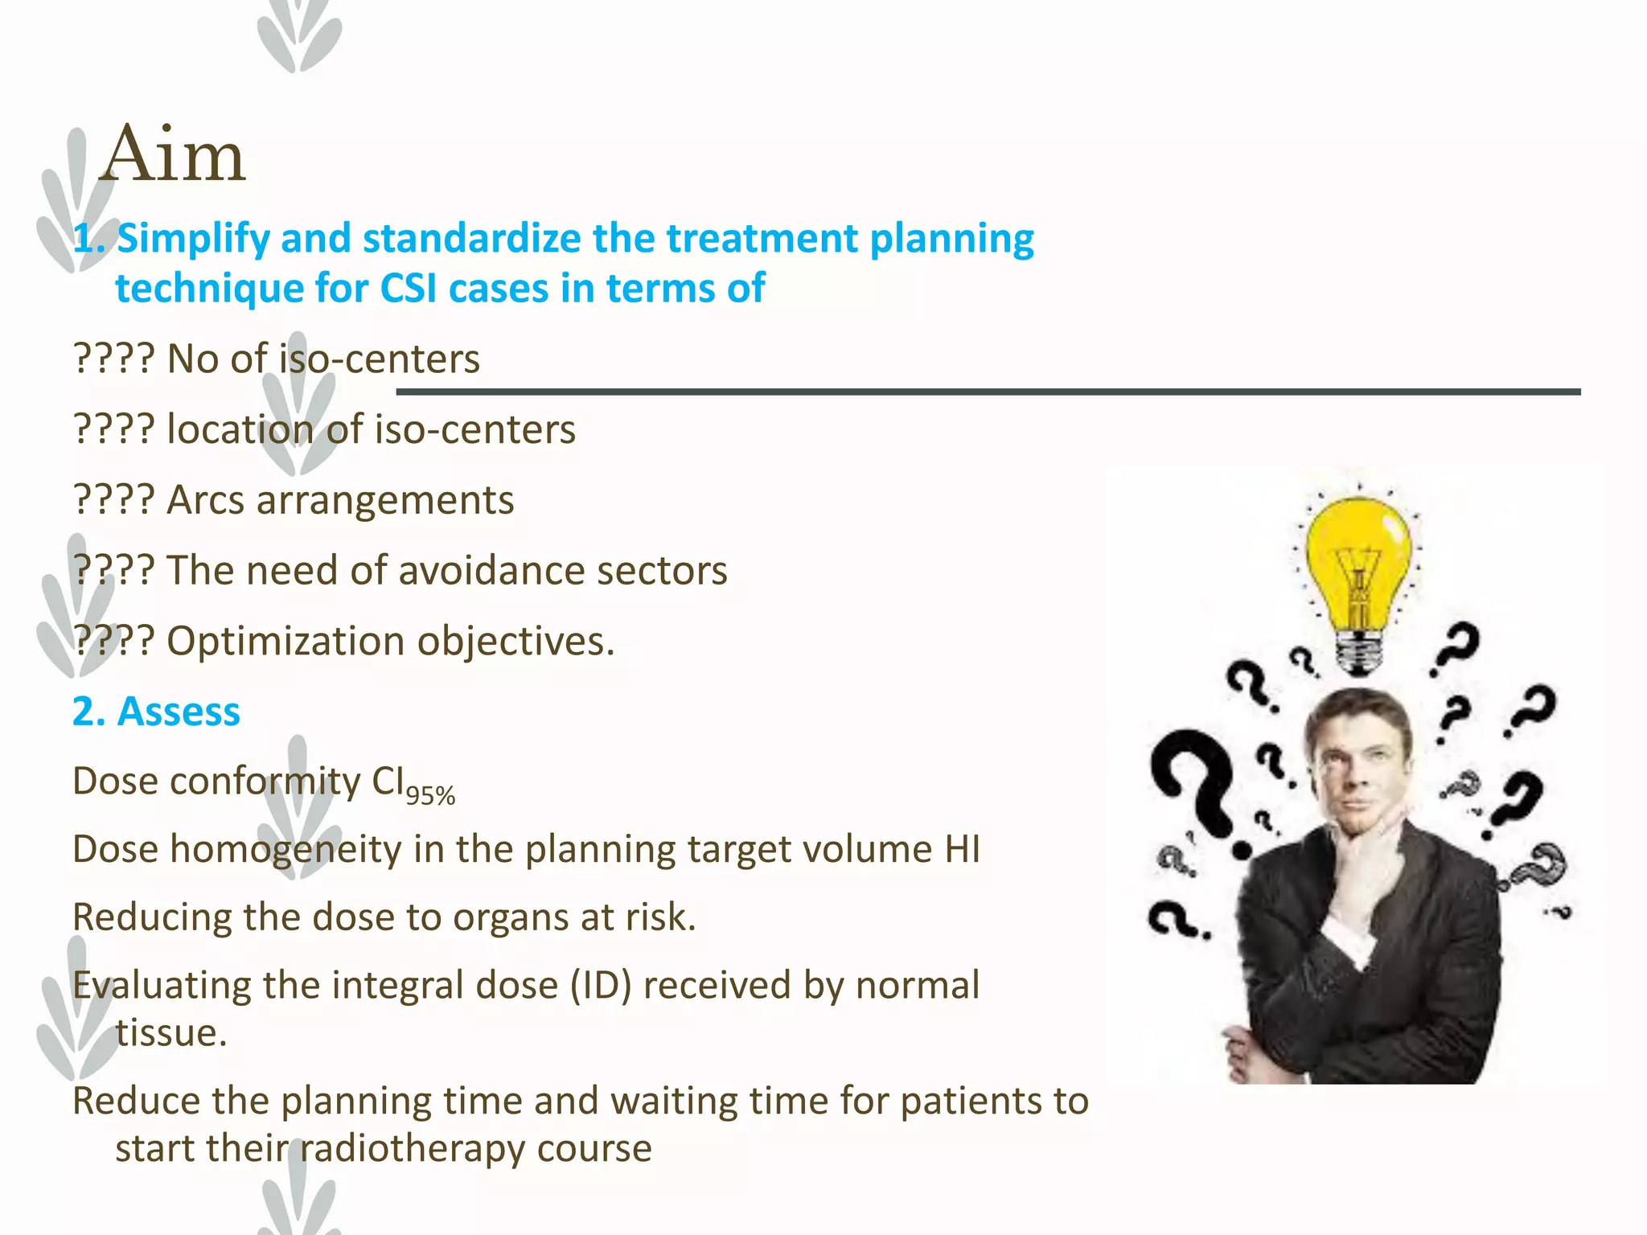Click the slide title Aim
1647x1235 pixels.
coord(172,154)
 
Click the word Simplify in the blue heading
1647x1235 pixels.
coord(193,240)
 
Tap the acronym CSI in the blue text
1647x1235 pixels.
coord(409,288)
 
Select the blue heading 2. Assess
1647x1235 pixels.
coord(156,712)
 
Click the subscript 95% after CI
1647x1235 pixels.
coord(430,796)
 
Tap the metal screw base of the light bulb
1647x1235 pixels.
coord(1358,653)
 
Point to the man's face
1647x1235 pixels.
coord(1359,764)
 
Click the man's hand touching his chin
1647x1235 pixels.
coord(1367,852)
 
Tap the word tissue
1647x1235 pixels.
coord(170,1033)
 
